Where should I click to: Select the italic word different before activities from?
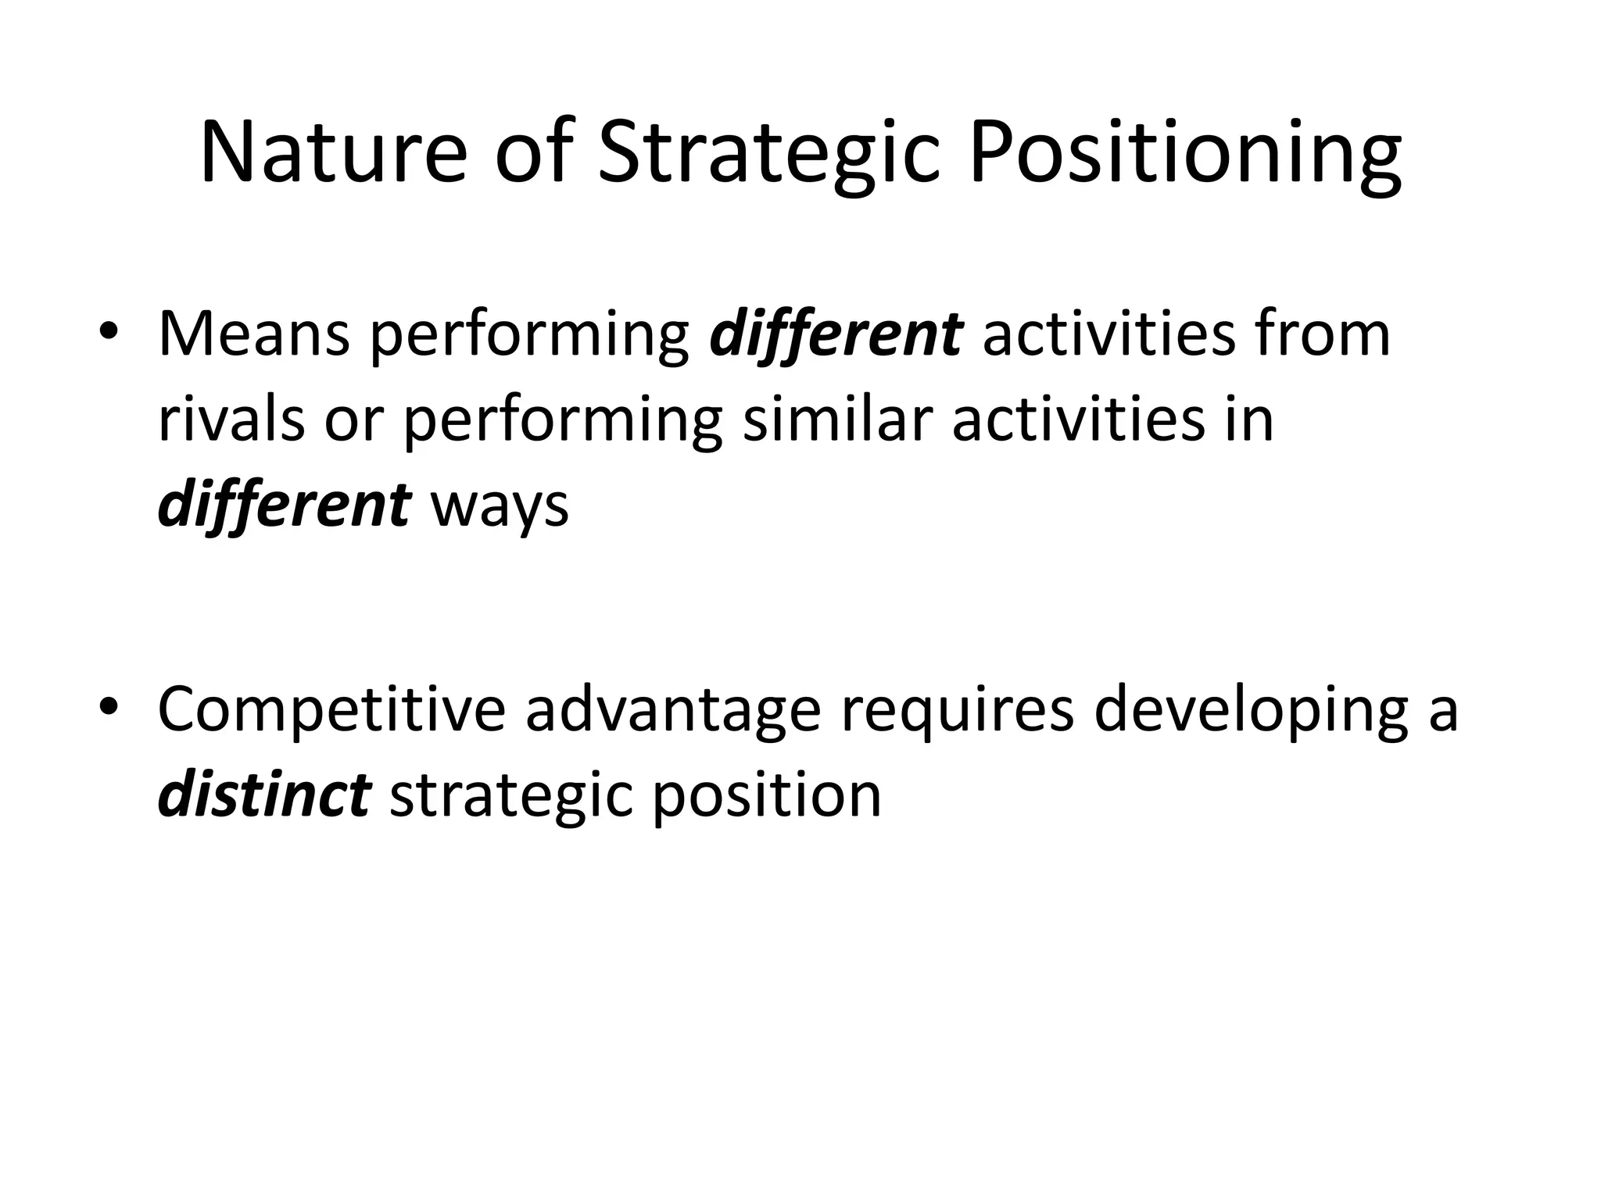[x=836, y=334]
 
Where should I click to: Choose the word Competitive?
[x=331, y=709]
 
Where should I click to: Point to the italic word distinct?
[x=263, y=795]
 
